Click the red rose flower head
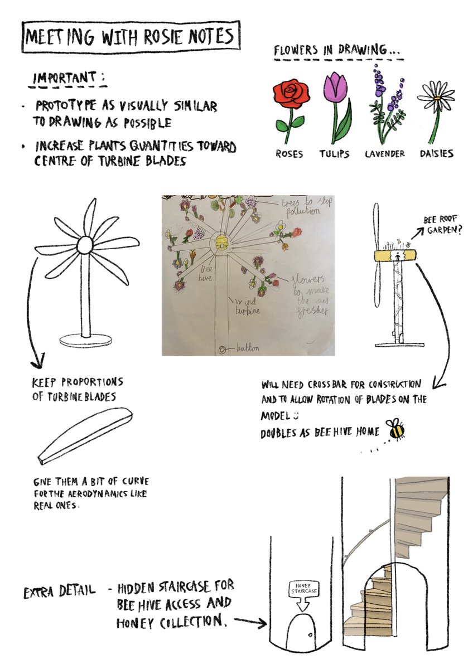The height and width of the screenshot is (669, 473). click(291, 93)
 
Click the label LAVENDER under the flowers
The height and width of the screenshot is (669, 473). click(384, 154)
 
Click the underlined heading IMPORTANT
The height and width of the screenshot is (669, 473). click(68, 78)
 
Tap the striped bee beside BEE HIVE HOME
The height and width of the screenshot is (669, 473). click(395, 429)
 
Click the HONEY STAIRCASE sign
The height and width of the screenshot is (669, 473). click(303, 595)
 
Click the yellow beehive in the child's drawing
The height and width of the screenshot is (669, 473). click(221, 241)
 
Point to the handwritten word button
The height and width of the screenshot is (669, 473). click(248, 348)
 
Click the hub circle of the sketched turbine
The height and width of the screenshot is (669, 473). click(85, 245)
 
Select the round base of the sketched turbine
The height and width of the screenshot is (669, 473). click(85, 341)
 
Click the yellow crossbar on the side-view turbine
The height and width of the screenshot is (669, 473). click(395, 256)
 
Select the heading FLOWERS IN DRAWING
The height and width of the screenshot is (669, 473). click(337, 50)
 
